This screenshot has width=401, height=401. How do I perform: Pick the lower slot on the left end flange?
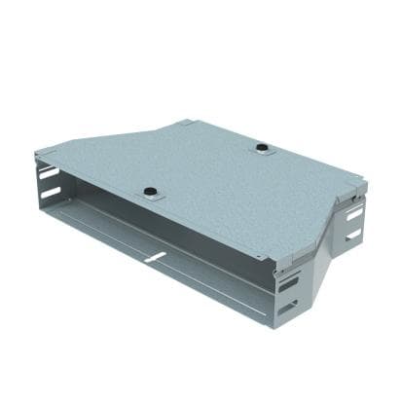[x=46, y=195]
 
